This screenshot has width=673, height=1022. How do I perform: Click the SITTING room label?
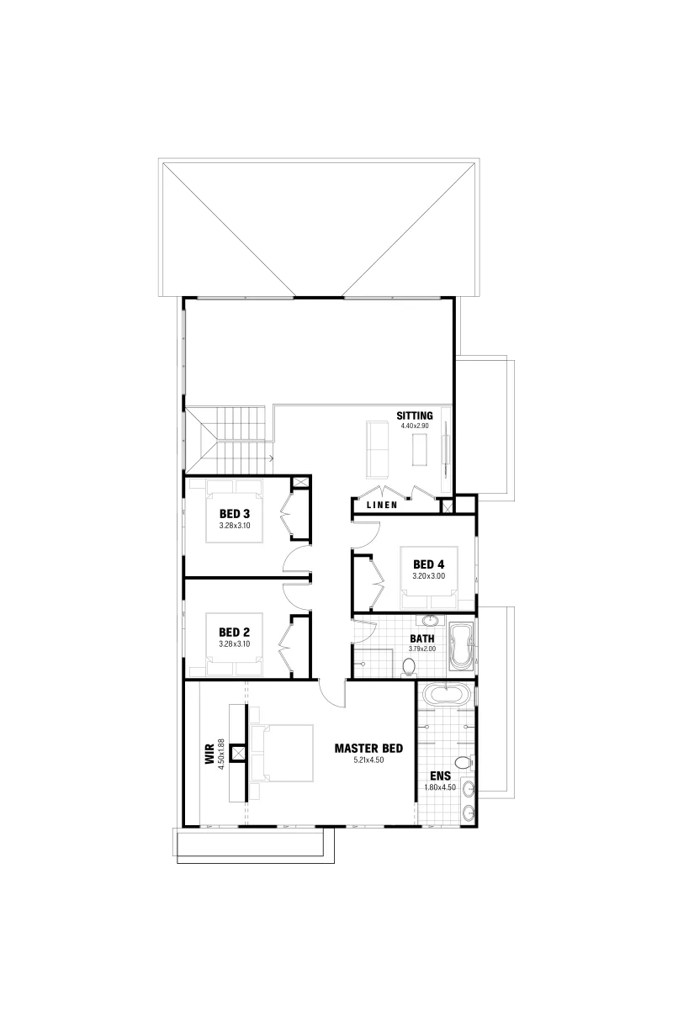pos(414,416)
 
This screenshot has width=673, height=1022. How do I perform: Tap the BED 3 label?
pos(235,515)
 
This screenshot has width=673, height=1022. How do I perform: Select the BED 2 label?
pos(235,633)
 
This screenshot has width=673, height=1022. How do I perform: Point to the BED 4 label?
pos(428,564)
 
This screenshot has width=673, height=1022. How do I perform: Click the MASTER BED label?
pos(368,749)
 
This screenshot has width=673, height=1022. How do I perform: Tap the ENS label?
pos(440,776)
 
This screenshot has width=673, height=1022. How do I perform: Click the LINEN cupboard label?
pos(382,505)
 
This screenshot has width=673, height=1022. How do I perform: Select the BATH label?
pos(422,638)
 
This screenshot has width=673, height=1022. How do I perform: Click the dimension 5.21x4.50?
pos(368,760)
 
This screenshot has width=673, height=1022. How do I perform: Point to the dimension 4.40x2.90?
pos(414,426)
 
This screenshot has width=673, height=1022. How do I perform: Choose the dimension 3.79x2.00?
pos(422,649)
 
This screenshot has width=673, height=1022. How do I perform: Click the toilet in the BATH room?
pos(408,666)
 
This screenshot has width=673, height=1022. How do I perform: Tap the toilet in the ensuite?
pos(464,761)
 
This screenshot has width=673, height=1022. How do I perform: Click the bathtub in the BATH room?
pos(461,647)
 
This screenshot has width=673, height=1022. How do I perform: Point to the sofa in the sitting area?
pos(378,449)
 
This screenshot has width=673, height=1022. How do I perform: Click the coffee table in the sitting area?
pos(419,450)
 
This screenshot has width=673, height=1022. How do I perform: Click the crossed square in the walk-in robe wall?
pos(237,754)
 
